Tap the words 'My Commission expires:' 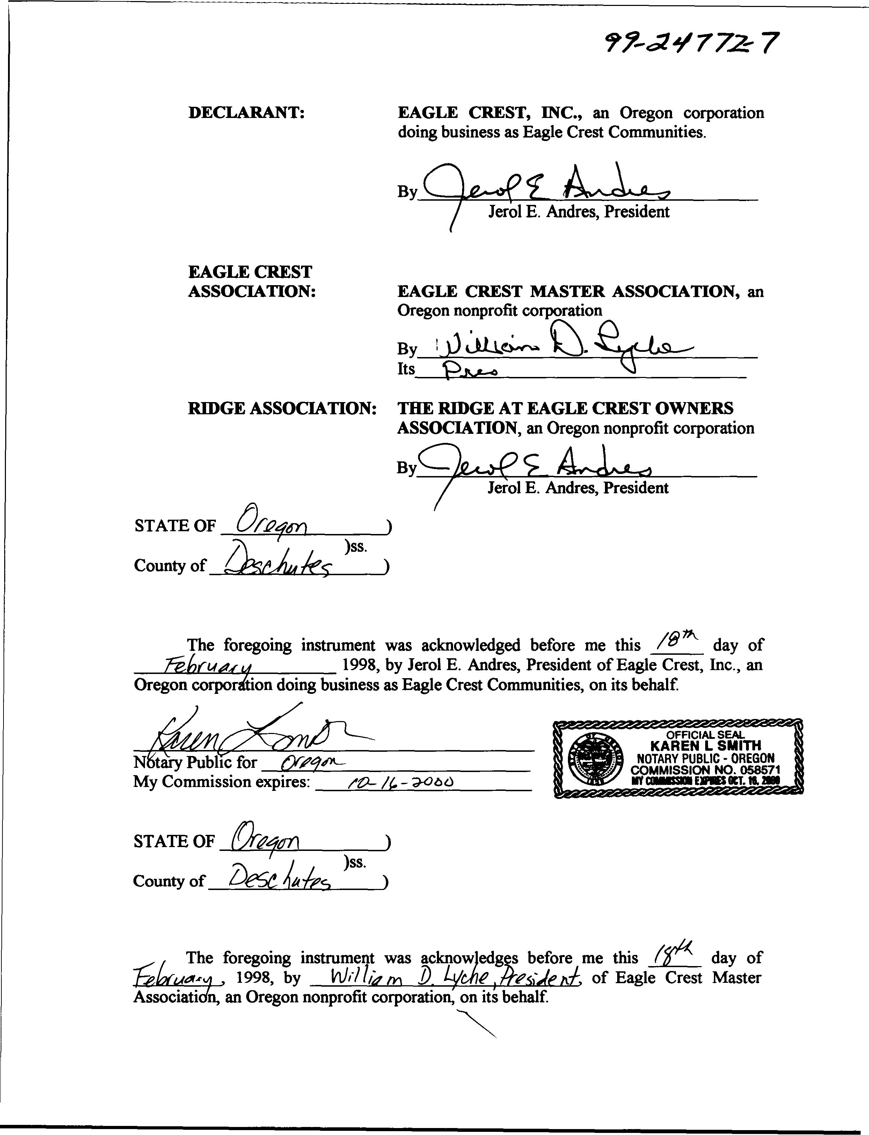(221, 781)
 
